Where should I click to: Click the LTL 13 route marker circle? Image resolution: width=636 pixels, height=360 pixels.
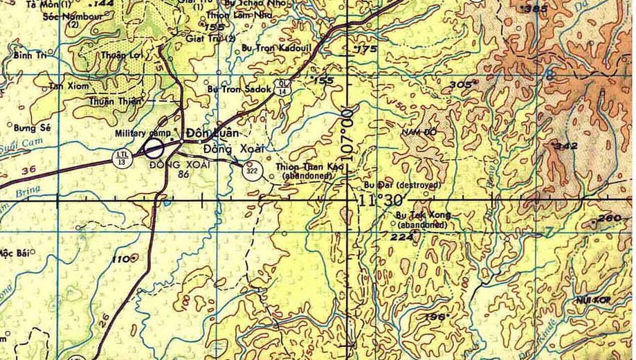pyautogui.click(x=122, y=157)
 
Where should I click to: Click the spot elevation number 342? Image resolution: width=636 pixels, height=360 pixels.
pyautogui.click(x=567, y=146)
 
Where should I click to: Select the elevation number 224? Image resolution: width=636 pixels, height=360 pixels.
pyautogui.click(x=401, y=237)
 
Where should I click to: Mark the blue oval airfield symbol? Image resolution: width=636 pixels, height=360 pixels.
pyautogui.click(x=154, y=147)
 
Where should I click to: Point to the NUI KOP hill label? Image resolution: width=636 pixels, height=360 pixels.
pyautogui.click(x=590, y=300)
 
